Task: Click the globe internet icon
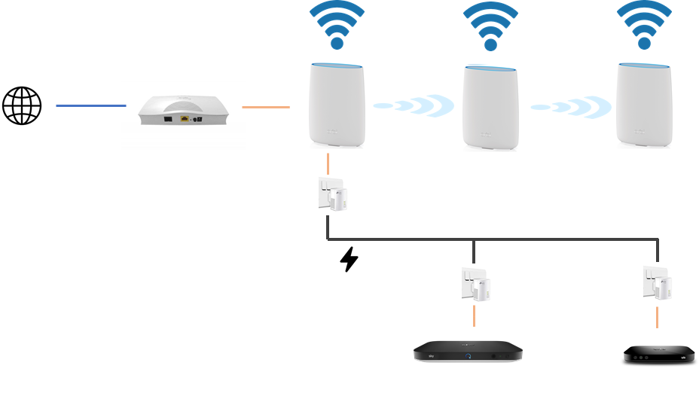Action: click(22, 105)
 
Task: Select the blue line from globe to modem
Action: click(90, 106)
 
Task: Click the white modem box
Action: click(183, 114)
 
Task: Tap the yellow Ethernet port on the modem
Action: click(184, 119)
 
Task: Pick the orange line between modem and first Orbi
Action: click(266, 107)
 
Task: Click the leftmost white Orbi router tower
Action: click(337, 105)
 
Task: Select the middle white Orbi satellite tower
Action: click(490, 108)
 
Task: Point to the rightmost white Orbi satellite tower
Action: click(643, 105)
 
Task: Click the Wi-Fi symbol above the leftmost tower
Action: click(337, 25)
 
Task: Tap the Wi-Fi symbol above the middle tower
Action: click(490, 26)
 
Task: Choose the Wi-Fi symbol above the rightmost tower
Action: click(643, 24)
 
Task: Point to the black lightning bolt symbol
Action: click(349, 259)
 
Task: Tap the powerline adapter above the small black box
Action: click(658, 283)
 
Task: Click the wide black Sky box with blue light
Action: click(468, 352)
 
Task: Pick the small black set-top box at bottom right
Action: click(658, 354)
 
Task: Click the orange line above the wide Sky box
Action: click(474, 315)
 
